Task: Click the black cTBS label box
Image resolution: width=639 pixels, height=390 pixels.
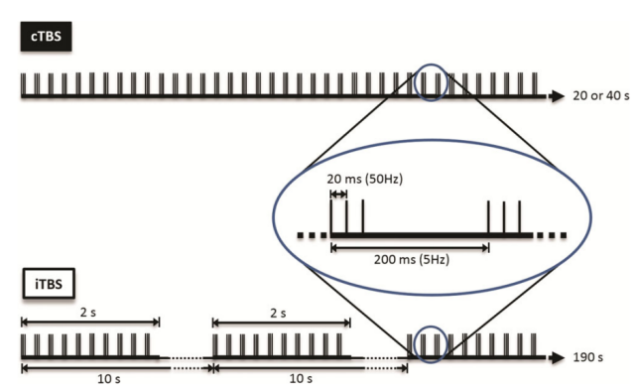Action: coord(46,37)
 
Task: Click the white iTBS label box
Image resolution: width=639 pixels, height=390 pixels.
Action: coord(49,284)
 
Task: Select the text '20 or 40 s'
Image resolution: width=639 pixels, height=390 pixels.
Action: coord(600,96)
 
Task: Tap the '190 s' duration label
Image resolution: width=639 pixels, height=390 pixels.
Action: coord(588,357)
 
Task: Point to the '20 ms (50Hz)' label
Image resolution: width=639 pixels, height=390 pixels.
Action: coord(365,179)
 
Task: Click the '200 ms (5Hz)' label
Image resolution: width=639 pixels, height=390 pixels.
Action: coord(412,260)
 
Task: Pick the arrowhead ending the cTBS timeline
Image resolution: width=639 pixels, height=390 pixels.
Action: coord(557,96)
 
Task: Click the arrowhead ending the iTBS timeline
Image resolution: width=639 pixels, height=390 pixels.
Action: coord(557,358)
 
